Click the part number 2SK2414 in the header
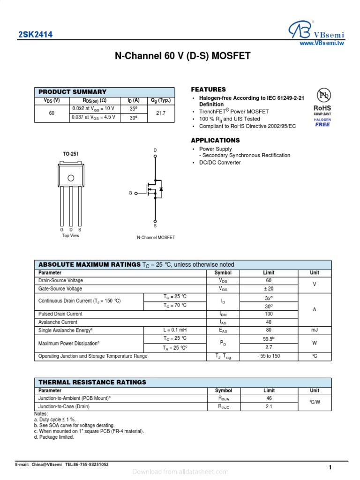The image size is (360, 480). point(35,35)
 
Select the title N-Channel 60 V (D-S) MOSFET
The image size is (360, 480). point(183,57)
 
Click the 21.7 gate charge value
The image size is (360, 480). point(160,113)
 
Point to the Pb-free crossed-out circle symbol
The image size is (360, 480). point(322,95)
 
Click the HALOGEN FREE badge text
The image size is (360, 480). point(322,122)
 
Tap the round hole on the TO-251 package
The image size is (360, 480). point(71,178)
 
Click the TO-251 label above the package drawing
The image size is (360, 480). point(71,154)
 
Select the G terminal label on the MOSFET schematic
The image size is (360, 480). point(130,193)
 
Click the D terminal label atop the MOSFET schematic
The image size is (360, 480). point(155,150)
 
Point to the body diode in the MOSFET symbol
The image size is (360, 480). point(161,189)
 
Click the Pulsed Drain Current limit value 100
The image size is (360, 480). point(269,314)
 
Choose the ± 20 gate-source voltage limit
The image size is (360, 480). point(269,289)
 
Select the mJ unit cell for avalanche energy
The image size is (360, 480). point(315,330)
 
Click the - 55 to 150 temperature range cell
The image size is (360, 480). point(269,356)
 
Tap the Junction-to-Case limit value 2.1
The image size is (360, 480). point(269,407)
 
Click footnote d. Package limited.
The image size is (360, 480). point(54,437)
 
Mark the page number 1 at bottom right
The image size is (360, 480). point(330,467)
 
